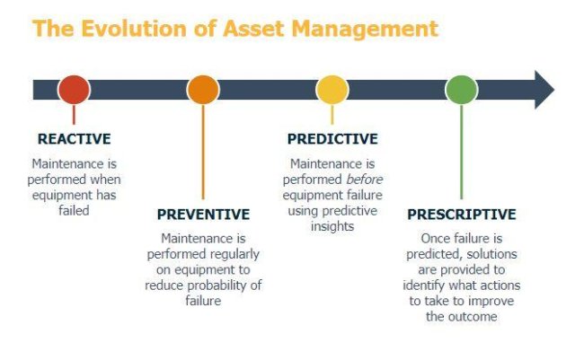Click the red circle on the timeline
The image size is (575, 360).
pyautogui.click(x=74, y=90)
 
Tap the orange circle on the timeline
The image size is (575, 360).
pyautogui.click(x=203, y=90)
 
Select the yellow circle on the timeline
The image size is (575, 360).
pyautogui.click(x=332, y=90)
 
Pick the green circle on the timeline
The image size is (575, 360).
pyautogui.click(x=462, y=90)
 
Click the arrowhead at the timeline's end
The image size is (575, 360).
pyautogui.click(x=544, y=90)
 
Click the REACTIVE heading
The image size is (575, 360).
pyautogui.click(x=74, y=139)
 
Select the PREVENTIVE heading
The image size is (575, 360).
pyautogui.click(x=203, y=215)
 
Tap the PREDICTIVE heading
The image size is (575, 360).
pyautogui.click(x=332, y=139)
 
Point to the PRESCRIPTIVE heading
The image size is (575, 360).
pyautogui.click(x=462, y=215)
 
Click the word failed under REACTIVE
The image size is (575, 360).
pyautogui.click(x=74, y=210)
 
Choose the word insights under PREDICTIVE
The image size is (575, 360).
pyautogui.click(x=332, y=226)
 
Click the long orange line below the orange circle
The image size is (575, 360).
pyautogui.click(x=203, y=153)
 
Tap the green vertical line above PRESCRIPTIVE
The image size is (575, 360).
pyautogui.click(x=462, y=153)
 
